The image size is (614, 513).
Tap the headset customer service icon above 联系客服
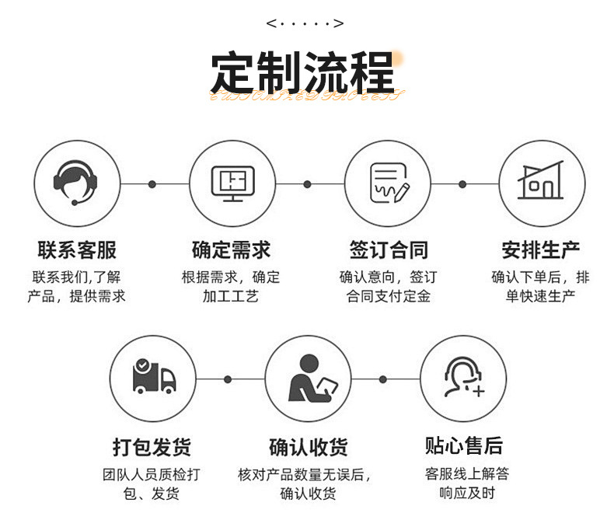point(77,183)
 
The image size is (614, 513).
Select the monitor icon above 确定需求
point(232,183)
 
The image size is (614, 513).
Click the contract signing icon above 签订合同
point(387,183)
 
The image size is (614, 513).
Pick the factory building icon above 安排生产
point(541,183)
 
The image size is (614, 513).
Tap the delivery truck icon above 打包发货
point(153,379)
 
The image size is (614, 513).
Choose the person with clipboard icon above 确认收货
point(308,379)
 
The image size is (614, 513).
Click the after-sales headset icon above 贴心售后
point(463,379)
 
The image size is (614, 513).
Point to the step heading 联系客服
point(77,250)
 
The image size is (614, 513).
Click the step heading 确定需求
point(232,250)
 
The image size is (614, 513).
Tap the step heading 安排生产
point(541,250)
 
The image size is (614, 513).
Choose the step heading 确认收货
point(308,447)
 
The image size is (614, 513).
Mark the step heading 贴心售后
point(463,445)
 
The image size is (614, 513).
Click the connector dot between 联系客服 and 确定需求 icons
point(152,184)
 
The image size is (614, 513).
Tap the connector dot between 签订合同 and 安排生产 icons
point(462,184)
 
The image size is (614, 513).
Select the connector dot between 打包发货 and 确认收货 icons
point(228,379)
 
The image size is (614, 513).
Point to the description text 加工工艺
point(231,296)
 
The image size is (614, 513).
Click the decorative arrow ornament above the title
point(305,23)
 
